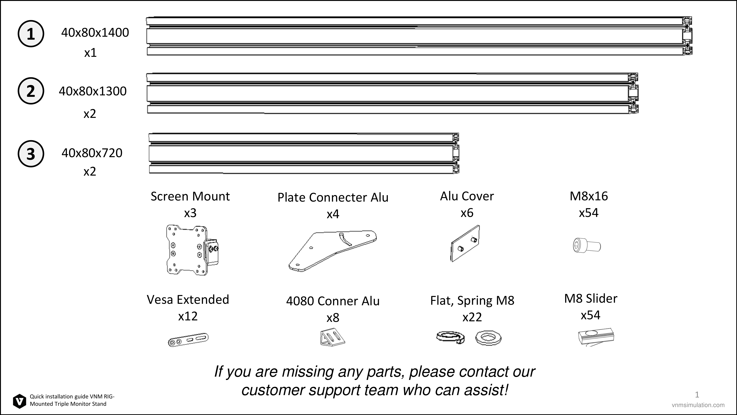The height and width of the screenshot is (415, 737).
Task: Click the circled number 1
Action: pos(31,34)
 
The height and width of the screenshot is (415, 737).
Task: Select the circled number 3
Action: pos(31,154)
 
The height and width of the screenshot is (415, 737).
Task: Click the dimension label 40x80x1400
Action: pos(95,33)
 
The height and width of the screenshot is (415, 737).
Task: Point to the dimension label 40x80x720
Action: pos(92,153)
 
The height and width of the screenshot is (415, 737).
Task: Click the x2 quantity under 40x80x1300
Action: pos(90,114)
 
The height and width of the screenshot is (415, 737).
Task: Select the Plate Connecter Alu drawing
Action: pos(332,251)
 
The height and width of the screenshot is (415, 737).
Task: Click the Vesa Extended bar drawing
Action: pos(188,340)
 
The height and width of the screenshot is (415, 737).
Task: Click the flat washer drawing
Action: pos(488,338)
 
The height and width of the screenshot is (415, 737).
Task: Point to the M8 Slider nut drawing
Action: pos(596,337)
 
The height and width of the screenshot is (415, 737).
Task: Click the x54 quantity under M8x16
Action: pos(588,213)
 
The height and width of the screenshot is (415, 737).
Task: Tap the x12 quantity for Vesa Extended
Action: pos(188,316)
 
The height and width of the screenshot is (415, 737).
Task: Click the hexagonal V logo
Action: pos(20,401)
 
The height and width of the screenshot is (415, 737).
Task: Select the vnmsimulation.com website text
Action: pos(698,405)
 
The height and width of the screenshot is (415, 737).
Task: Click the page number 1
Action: pos(697,395)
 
